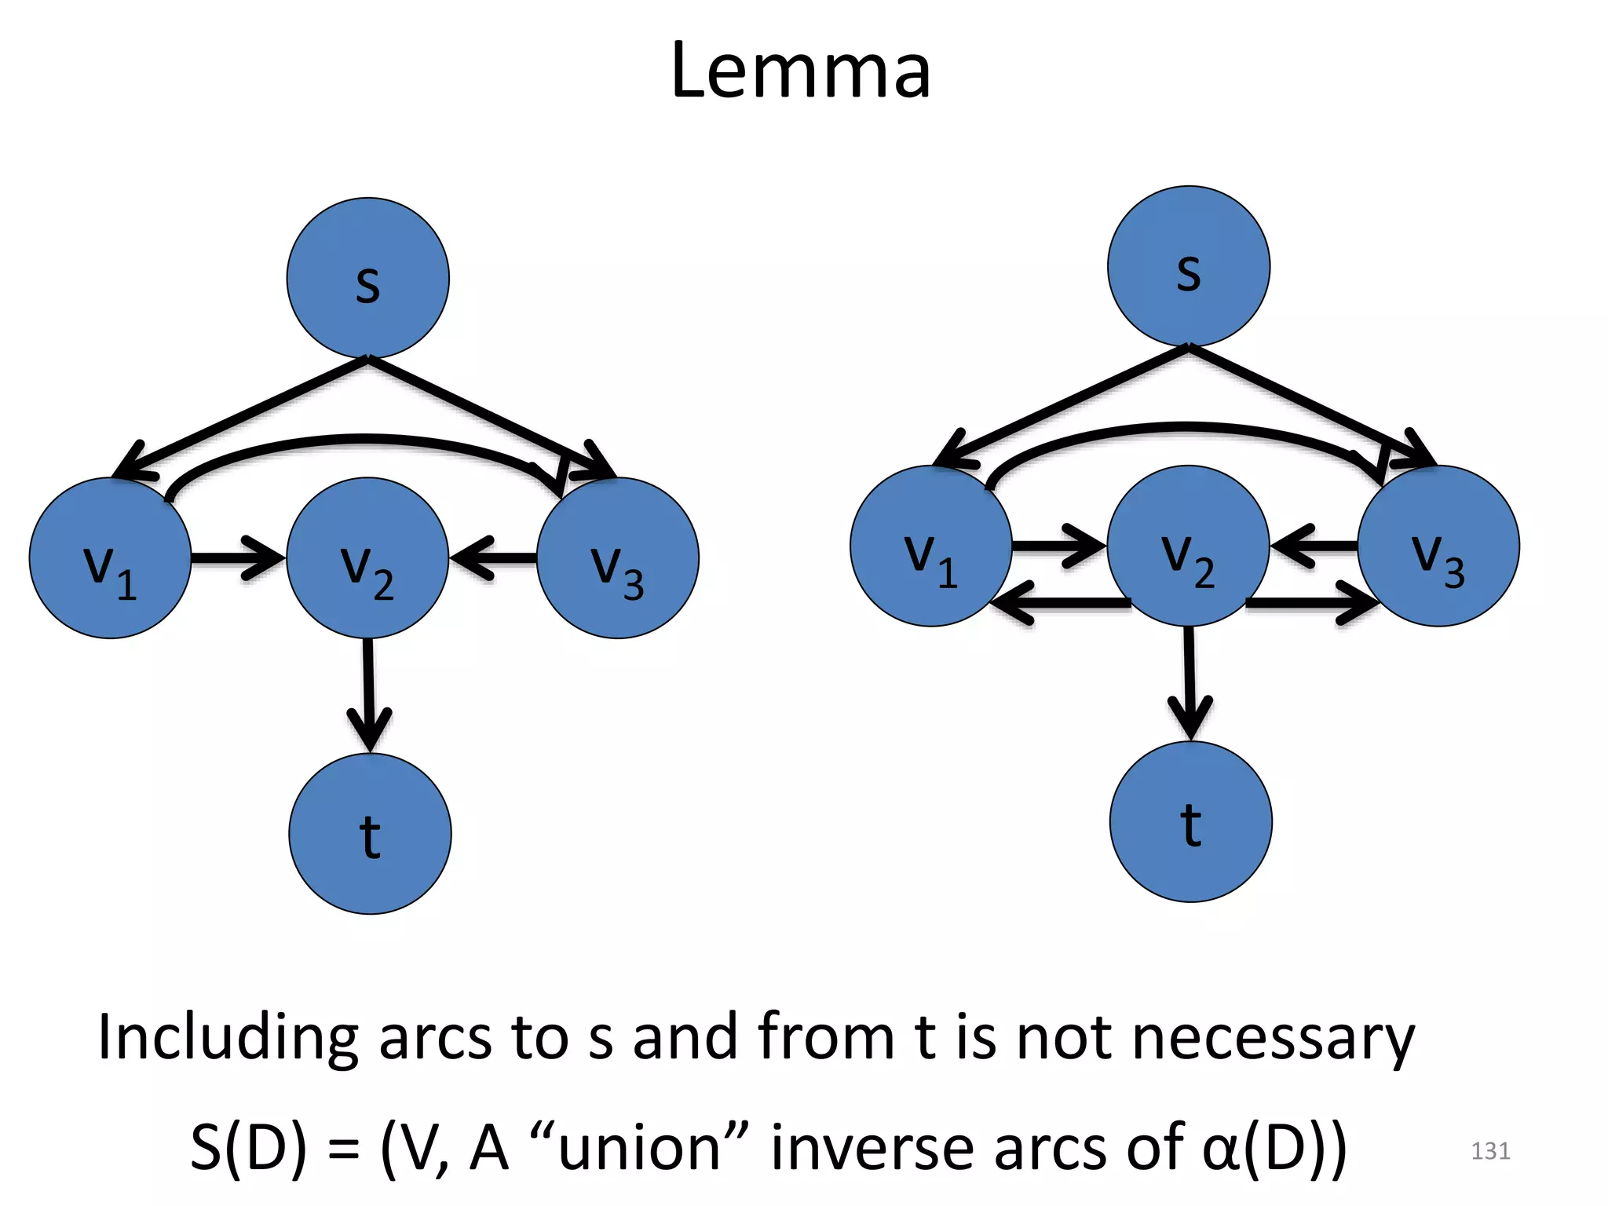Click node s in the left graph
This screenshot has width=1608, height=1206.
pos(367,278)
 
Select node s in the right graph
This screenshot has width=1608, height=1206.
pos(1188,266)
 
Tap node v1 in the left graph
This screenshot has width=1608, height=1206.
pos(110,558)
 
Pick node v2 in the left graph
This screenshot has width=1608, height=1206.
pos(367,558)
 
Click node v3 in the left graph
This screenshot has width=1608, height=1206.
pos(618,558)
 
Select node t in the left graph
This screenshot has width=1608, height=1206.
pos(370,833)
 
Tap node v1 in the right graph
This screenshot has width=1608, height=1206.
pos(931,546)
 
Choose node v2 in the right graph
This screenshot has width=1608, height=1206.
pos(1188,546)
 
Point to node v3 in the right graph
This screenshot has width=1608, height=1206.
pos(1438,546)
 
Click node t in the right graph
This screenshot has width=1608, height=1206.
pos(1190,821)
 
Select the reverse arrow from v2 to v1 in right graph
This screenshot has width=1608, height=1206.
pos(1060,603)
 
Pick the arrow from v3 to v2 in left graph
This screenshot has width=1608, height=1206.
pos(493,558)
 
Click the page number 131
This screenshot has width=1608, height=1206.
pos(1490,1151)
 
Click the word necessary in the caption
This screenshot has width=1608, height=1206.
pos(1274,1038)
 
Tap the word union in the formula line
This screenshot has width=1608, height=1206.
pos(639,1148)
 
